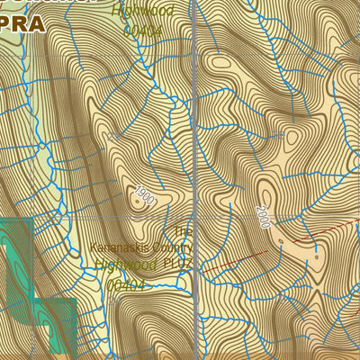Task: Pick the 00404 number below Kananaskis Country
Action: pyautogui.click(x=126, y=284)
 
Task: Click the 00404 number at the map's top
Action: pyautogui.click(x=141, y=29)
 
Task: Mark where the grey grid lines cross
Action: pyautogui.click(x=196, y=218)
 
